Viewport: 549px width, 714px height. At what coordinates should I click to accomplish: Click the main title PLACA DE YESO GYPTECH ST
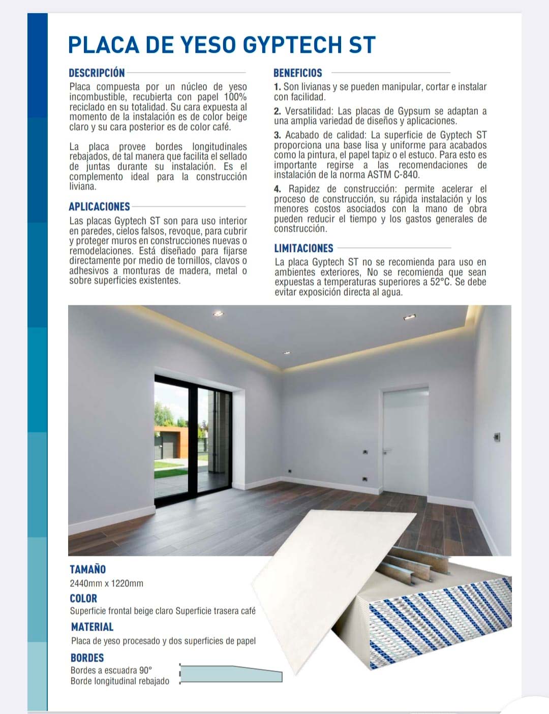point(222,45)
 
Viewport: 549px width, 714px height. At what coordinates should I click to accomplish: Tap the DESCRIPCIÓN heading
point(97,73)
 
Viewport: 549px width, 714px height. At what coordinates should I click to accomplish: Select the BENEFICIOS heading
point(297,73)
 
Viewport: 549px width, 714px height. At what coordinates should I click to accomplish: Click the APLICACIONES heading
point(99,207)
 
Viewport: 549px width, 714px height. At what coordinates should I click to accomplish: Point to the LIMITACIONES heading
point(303,249)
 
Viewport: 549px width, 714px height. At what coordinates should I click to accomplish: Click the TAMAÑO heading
point(87,569)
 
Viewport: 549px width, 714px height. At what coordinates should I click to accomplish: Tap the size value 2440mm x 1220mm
point(106,583)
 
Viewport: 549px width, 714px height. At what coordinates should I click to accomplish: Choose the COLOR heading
point(83,598)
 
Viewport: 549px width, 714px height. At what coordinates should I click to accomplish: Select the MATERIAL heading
point(92,627)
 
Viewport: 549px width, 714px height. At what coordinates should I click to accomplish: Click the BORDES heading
point(87,658)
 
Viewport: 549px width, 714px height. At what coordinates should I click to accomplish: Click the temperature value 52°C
point(441,282)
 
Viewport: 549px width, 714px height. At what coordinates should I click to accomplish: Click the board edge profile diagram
point(231,674)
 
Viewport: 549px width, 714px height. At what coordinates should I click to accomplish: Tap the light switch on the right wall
point(497,436)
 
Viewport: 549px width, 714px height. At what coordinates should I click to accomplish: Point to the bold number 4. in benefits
point(277,189)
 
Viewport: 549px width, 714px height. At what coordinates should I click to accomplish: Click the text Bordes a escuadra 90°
point(111,670)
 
